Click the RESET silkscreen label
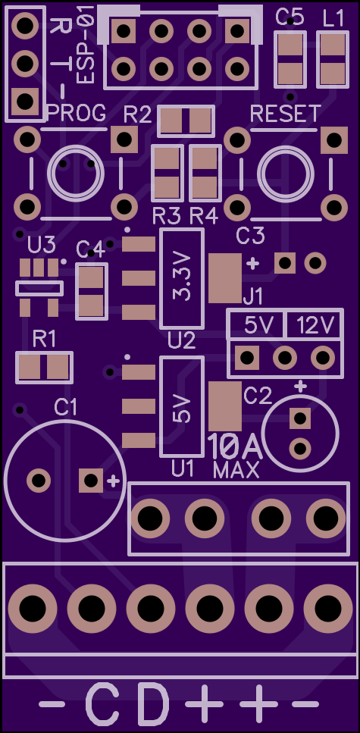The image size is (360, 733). [x=286, y=114]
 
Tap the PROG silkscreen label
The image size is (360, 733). [x=77, y=113]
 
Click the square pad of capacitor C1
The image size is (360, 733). [x=91, y=480]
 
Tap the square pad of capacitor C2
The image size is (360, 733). [x=299, y=418]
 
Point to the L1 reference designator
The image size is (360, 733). [x=333, y=19]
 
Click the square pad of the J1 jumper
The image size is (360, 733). [x=247, y=358]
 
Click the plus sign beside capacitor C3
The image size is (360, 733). [x=252, y=264]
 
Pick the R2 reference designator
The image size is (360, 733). [x=138, y=114]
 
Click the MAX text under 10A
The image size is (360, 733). [x=236, y=470]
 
